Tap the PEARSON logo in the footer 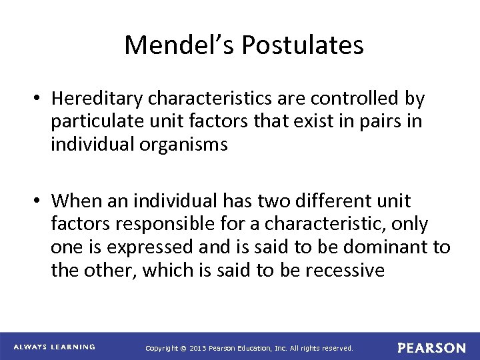click(x=431, y=348)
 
